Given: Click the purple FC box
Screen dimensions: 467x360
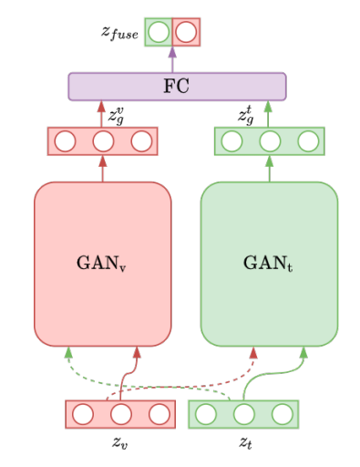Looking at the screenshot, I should click(x=177, y=87).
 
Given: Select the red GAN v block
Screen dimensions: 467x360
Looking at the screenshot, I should click(x=103, y=264).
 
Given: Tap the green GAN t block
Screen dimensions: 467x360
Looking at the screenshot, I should click(x=269, y=264).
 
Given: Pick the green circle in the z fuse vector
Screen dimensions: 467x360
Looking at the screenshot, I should click(x=159, y=32).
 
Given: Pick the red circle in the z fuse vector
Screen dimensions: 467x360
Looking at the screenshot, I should click(x=186, y=32).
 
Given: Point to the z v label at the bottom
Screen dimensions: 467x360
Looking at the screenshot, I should click(x=119, y=443).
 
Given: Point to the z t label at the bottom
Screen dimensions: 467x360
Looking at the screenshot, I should click(x=244, y=443).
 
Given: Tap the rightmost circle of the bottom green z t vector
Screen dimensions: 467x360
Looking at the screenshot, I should click(x=281, y=414).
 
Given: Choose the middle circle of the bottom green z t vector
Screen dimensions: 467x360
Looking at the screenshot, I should click(x=243, y=414).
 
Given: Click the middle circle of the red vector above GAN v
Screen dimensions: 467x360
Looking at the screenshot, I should click(x=103, y=141).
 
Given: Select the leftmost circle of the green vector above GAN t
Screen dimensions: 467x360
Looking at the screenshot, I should click(x=231, y=141).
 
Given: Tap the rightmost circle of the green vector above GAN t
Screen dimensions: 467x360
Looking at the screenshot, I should click(x=308, y=141).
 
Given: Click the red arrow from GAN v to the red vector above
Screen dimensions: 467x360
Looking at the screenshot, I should click(x=103, y=169).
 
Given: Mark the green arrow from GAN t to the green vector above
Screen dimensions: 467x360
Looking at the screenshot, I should click(x=269, y=169).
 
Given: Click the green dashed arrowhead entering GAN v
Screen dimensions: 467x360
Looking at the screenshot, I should click(x=68, y=352).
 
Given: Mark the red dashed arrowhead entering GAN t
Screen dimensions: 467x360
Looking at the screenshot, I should click(x=253, y=352).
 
